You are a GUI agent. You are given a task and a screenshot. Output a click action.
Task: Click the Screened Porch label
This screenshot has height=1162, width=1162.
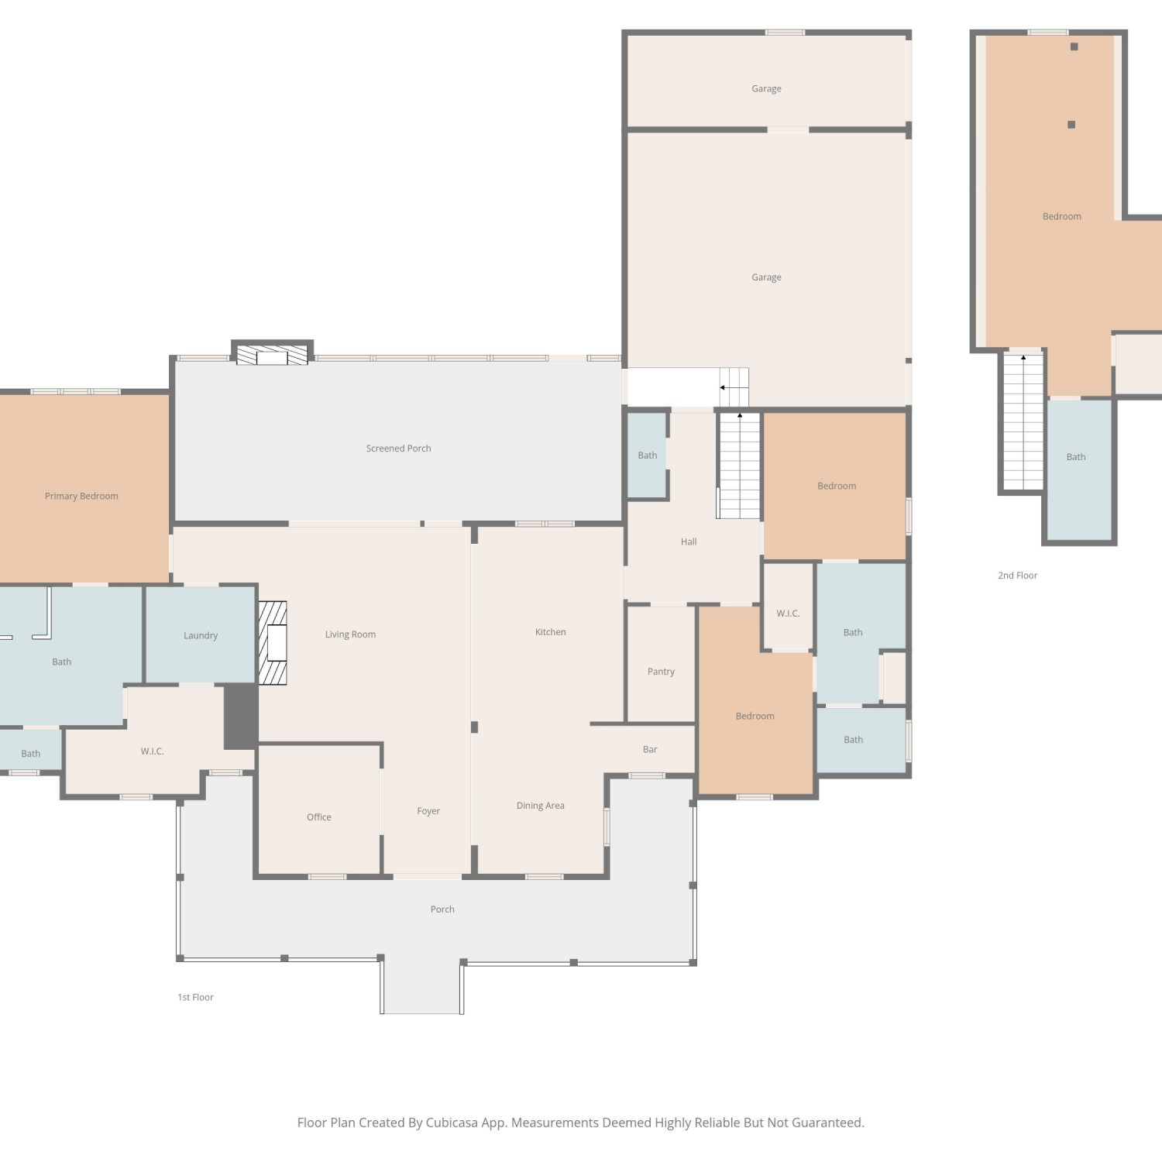tap(398, 449)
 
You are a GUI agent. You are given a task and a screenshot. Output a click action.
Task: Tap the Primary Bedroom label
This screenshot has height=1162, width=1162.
tap(81, 497)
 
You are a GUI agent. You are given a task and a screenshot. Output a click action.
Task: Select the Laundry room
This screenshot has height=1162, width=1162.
tap(201, 635)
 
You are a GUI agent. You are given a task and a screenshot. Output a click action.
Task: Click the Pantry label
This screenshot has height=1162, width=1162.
tap(661, 672)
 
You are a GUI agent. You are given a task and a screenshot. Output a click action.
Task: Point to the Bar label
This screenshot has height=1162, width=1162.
tap(650, 750)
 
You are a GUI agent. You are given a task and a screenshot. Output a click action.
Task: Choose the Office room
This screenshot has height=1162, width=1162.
tap(318, 810)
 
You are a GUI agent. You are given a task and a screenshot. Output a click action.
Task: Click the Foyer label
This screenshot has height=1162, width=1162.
tap(428, 811)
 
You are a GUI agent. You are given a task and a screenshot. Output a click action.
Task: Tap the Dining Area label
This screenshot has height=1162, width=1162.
tap(541, 806)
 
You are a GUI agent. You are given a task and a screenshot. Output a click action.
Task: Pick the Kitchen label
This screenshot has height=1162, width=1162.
tap(551, 632)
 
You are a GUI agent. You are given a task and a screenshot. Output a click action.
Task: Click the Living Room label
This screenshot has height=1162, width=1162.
tap(350, 634)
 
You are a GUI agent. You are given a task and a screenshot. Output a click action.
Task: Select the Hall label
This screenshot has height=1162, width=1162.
tap(689, 542)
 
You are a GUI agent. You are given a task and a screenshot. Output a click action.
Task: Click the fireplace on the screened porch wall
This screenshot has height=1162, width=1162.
tap(272, 353)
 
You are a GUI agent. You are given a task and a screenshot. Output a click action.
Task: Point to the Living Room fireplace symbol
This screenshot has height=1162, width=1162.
tap(273, 643)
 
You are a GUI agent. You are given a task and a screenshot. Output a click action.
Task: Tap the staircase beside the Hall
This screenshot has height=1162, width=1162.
tap(739, 466)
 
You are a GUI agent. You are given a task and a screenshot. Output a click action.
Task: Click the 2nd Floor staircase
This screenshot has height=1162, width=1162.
tap(1023, 421)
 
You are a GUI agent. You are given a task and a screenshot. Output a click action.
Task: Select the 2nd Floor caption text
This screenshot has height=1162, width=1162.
tap(1017, 576)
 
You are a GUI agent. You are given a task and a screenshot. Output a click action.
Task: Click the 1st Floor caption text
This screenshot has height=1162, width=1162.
tap(195, 998)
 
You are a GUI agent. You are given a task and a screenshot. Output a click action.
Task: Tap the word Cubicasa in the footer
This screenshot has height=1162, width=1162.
tap(452, 1122)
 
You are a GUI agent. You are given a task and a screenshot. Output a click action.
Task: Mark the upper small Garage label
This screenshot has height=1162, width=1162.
tap(766, 89)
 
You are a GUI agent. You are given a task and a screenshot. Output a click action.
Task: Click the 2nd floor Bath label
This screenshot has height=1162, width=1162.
tap(1076, 457)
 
